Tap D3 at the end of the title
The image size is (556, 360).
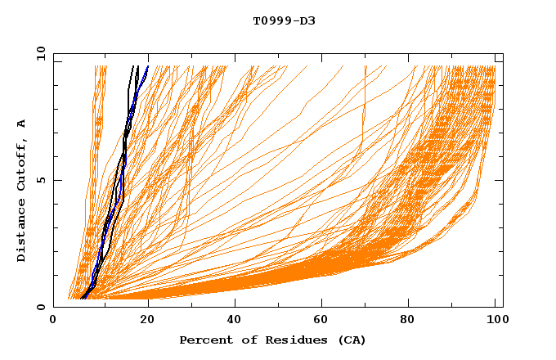click(307, 20)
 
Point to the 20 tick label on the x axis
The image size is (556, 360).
click(145, 322)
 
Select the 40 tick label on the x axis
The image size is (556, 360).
click(234, 322)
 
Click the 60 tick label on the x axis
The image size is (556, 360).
click(323, 322)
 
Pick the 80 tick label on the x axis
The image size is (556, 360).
click(412, 322)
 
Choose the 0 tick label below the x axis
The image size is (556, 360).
click(54, 322)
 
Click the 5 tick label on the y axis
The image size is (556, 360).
click(40, 180)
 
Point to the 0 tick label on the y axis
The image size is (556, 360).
click(40, 307)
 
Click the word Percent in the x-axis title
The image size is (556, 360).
click(204, 340)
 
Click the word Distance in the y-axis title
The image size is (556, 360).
click(21, 232)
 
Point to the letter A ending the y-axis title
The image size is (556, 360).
click(21, 124)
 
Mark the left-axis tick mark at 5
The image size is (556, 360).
click(56, 180)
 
